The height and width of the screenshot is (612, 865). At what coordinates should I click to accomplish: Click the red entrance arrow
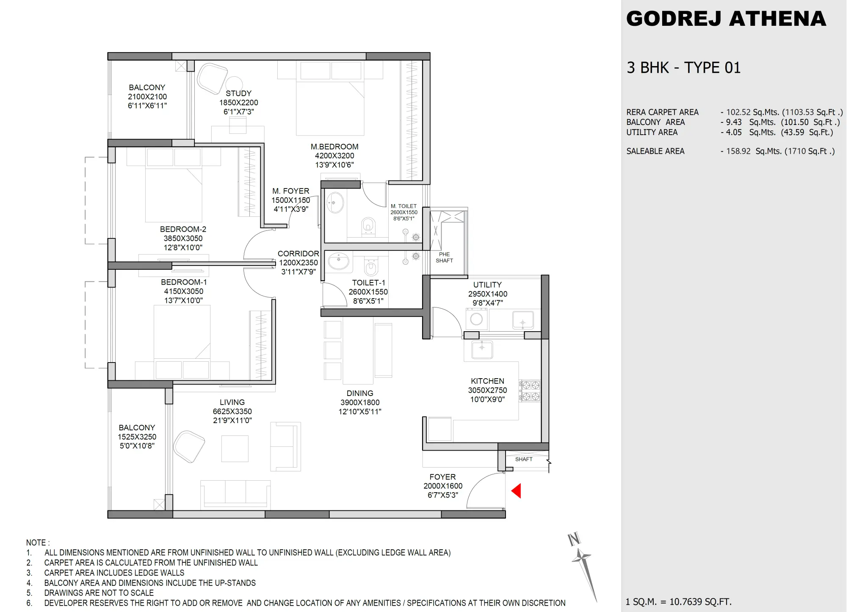(516, 491)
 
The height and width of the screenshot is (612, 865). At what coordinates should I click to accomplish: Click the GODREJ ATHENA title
(726, 19)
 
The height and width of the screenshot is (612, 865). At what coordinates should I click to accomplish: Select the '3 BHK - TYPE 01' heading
(683, 68)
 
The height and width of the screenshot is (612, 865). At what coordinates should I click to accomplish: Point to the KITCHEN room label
(487, 381)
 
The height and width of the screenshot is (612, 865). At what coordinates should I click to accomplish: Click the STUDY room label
(238, 93)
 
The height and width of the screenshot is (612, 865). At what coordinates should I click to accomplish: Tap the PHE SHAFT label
(444, 258)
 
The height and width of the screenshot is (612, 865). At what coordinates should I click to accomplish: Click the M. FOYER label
(290, 191)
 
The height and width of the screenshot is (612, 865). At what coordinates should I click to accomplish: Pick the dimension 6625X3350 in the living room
(232, 411)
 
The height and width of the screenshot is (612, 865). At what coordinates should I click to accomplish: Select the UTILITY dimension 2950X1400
(487, 294)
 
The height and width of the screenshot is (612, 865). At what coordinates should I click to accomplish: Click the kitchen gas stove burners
(531, 391)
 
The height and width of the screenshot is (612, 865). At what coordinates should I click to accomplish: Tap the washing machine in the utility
(476, 319)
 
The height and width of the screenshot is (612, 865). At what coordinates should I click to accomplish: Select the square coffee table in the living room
(235, 449)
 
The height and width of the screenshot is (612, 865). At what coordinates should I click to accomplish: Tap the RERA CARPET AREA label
(662, 112)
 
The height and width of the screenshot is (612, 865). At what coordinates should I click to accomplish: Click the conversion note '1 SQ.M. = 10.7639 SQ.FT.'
(678, 601)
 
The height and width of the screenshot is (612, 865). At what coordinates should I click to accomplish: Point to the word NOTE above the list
(38, 543)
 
